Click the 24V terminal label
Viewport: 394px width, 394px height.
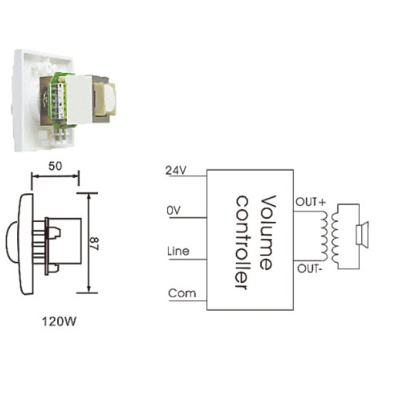click(x=176, y=170)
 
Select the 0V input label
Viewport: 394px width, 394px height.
click(x=173, y=211)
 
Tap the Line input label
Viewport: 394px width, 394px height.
click(x=179, y=252)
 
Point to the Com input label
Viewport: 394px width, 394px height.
click(x=182, y=294)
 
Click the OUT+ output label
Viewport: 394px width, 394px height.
click(x=311, y=202)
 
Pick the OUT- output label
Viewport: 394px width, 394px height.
click(x=309, y=269)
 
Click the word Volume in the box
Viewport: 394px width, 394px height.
click(x=268, y=232)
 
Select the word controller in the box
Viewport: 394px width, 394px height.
click(x=242, y=242)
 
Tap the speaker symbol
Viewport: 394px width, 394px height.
click(x=362, y=234)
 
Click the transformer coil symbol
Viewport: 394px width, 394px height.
click(x=330, y=236)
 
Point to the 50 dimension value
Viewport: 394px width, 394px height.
click(x=55, y=166)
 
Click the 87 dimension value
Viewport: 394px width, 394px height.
click(x=95, y=244)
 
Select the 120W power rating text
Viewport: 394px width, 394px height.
click(x=59, y=322)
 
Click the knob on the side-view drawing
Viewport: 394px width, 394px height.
click(x=12, y=242)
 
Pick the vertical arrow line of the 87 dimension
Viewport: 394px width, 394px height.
click(x=89, y=243)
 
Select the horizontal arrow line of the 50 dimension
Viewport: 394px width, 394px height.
click(x=55, y=176)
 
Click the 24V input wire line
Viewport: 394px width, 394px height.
click(x=188, y=176)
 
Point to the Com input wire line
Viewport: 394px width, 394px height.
click(x=188, y=301)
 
